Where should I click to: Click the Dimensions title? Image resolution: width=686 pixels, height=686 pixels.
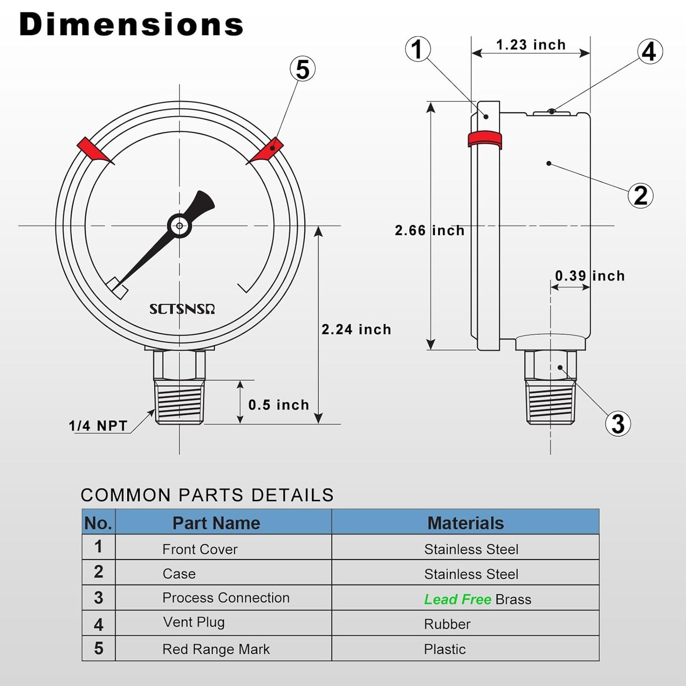tap(131, 25)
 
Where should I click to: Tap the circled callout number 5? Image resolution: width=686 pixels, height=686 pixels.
tap(303, 69)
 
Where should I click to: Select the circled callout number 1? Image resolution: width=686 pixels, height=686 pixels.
tap(418, 49)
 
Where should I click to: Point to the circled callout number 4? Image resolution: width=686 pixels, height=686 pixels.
tap(649, 52)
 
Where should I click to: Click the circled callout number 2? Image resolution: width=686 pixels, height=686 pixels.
tap(640, 196)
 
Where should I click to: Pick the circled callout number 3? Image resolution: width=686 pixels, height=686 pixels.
tap(618, 423)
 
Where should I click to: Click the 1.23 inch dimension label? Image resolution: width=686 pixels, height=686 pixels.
tap(531, 45)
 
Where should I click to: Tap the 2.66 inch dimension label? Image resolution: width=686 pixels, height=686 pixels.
tap(430, 231)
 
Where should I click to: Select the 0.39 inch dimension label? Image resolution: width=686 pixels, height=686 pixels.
tap(590, 276)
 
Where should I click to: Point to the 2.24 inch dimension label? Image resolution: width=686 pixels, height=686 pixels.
tap(356, 329)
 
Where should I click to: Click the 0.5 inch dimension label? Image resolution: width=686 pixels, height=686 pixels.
tap(279, 405)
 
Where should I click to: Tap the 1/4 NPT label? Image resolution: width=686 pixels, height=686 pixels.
tap(98, 426)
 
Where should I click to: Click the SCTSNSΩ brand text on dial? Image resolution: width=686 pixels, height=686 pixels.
tap(182, 310)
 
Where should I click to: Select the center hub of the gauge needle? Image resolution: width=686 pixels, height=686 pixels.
tap(179, 226)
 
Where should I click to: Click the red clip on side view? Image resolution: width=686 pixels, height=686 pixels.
tap(485, 140)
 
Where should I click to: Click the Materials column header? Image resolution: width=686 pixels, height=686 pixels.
tap(465, 523)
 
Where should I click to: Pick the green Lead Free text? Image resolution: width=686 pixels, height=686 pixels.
tap(458, 600)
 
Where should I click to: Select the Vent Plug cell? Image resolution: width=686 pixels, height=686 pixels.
tap(194, 622)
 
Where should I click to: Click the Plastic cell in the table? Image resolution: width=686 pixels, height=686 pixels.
tap(445, 649)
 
